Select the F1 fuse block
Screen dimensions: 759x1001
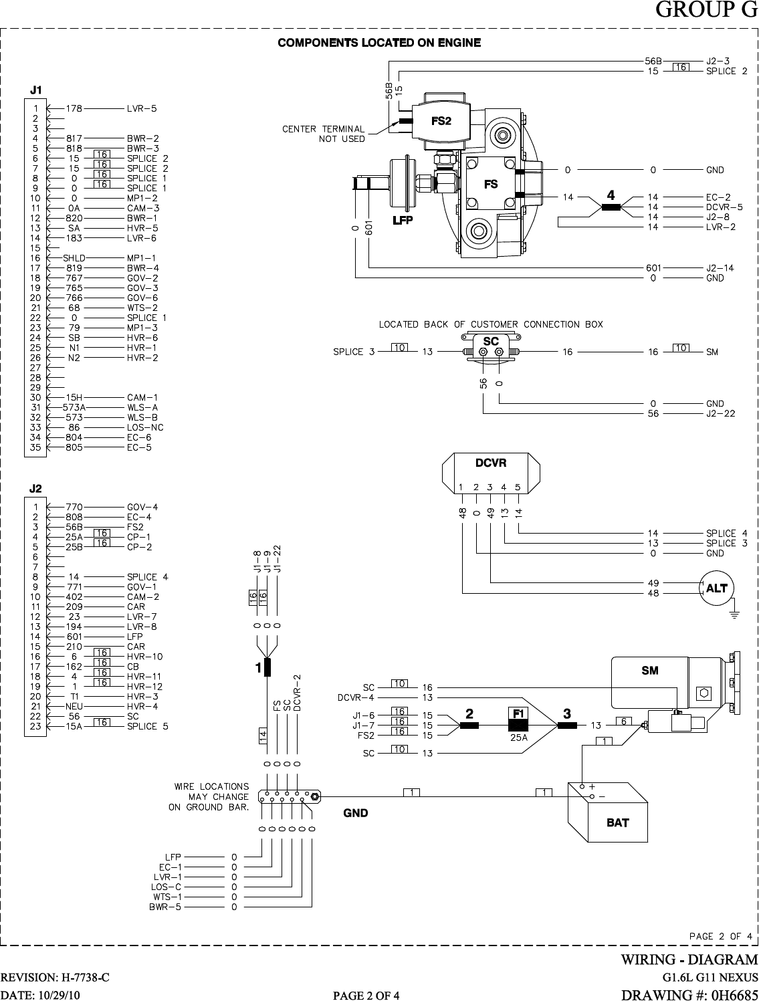(518, 719)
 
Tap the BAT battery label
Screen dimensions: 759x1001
(618, 822)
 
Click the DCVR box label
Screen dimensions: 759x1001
(490, 463)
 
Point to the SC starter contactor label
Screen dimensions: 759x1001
(490, 342)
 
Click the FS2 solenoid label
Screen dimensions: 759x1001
(441, 121)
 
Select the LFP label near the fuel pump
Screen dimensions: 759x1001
(403, 220)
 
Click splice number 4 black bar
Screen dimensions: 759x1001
(611, 207)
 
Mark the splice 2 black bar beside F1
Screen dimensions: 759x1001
(469, 726)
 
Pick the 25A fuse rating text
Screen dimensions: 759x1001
(519, 738)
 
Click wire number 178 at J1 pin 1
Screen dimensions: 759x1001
(74, 108)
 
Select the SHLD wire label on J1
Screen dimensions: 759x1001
(74, 258)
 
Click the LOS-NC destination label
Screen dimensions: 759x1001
(145, 427)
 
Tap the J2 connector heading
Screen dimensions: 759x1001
(35, 489)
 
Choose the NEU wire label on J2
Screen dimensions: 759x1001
(74, 706)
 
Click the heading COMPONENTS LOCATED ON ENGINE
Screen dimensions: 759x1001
(379, 43)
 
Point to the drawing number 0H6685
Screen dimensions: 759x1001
(734, 994)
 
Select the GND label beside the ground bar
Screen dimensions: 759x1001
(356, 812)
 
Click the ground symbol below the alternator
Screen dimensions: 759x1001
(734, 614)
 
